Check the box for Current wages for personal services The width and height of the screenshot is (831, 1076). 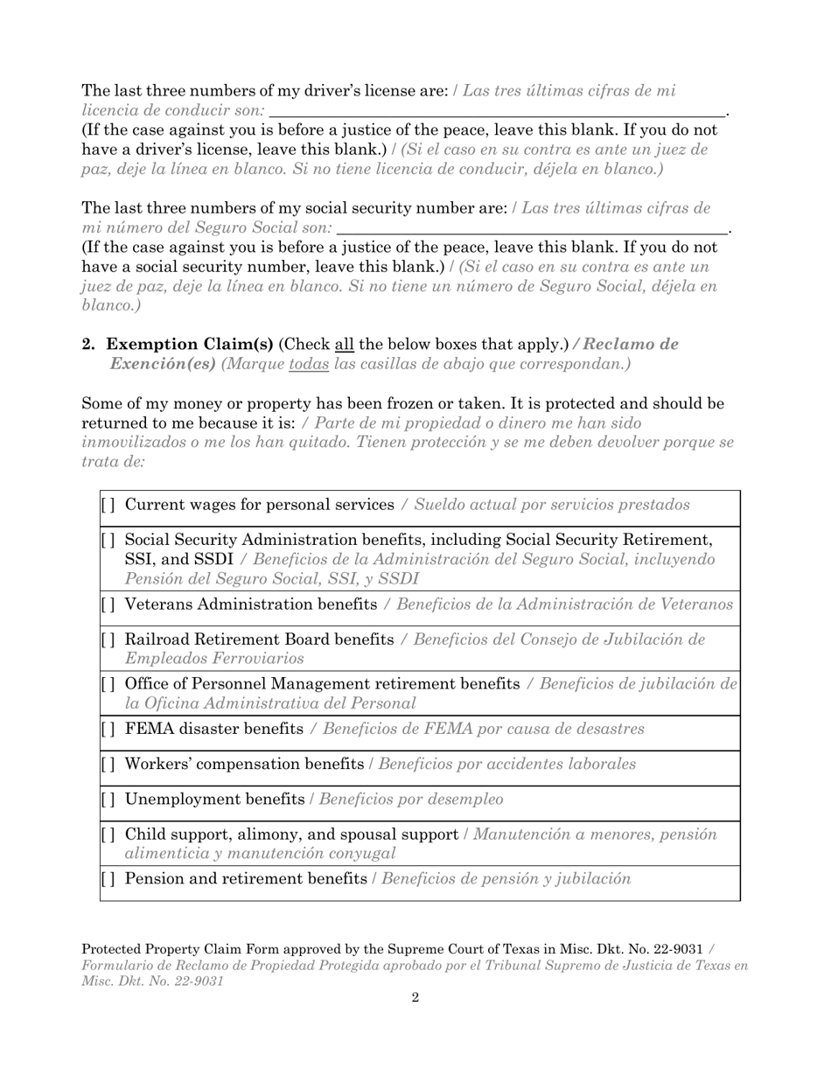point(108,506)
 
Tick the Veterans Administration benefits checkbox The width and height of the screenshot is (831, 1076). point(108,604)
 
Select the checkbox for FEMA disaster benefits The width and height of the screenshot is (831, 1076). point(108,729)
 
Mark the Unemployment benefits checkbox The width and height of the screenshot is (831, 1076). point(108,800)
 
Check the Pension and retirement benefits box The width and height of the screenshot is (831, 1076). point(108,879)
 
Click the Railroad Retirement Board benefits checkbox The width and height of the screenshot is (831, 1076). point(108,640)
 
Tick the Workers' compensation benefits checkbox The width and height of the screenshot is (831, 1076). point(108,765)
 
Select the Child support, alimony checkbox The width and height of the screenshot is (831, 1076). point(108,835)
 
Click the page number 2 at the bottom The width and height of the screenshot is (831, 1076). point(415,998)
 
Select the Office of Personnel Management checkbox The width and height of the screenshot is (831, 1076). point(108,684)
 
